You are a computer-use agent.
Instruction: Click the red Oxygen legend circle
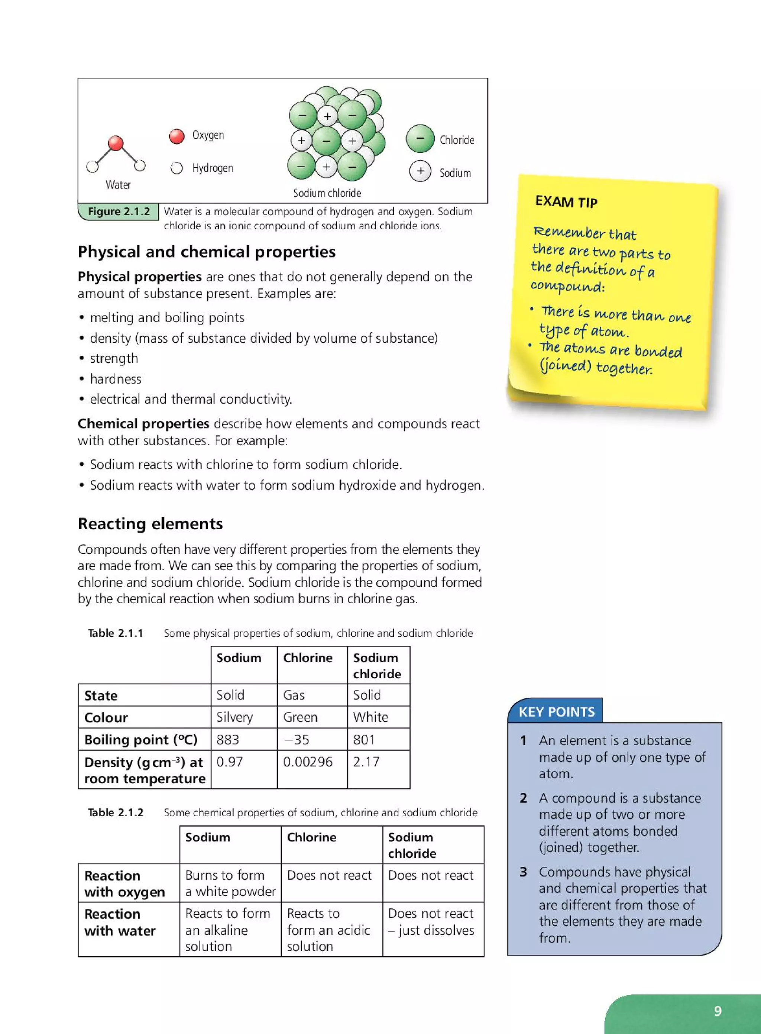pos(177,136)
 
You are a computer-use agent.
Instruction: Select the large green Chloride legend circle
pos(420,139)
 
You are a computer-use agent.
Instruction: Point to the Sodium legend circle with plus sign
pos(420,171)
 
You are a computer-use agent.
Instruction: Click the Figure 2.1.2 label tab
pos(119,211)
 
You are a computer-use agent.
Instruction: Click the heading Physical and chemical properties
pos(206,252)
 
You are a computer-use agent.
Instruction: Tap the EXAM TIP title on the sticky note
pos(566,202)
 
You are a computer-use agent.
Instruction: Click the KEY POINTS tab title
pos(557,712)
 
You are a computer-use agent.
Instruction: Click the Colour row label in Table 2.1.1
pos(106,717)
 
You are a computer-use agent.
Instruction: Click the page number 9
pos(717,1011)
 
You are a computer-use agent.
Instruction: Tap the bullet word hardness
pos(116,379)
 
